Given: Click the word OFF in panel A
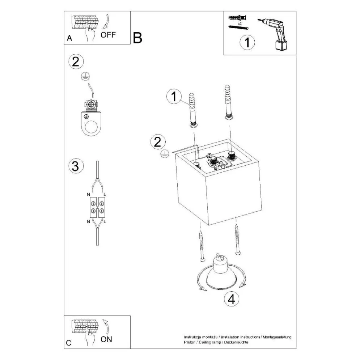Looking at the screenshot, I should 108,35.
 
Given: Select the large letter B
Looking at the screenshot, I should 137,38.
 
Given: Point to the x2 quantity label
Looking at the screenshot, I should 240,22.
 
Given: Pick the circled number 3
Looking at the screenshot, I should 75,166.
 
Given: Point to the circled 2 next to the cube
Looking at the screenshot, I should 157,141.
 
